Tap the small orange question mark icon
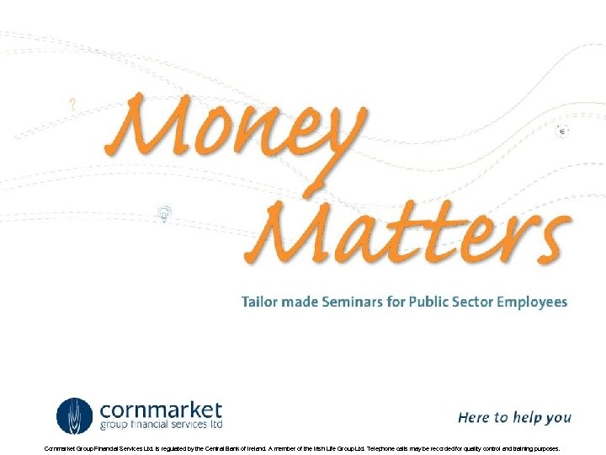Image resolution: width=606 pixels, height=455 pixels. pyautogui.click(x=73, y=105)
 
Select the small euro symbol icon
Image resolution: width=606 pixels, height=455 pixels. pyautogui.click(x=562, y=131)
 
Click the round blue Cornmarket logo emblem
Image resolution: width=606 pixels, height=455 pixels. pyautogui.click(x=75, y=415)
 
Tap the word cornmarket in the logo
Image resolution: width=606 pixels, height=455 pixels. pyautogui.click(x=161, y=410)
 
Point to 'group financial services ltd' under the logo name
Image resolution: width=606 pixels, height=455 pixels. pyautogui.click(x=161, y=427)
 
